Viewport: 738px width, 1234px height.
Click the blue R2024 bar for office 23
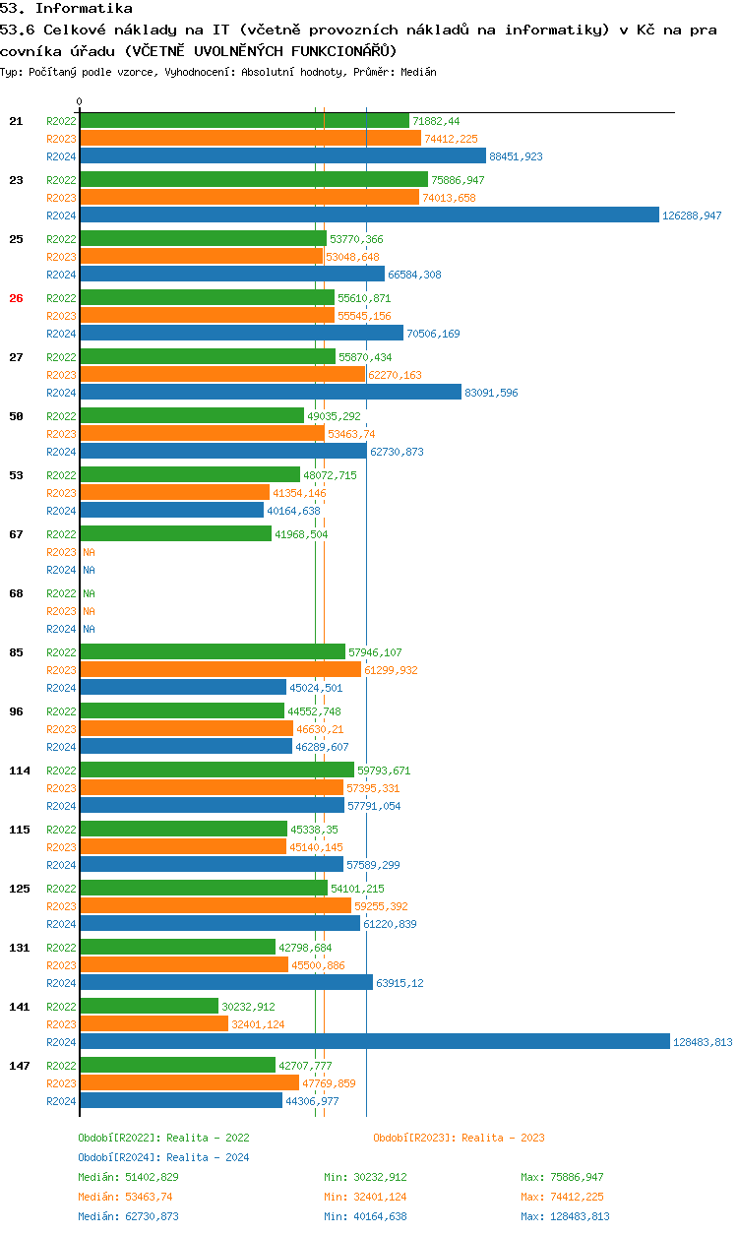[x=370, y=215]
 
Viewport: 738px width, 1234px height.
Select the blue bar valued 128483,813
[x=375, y=1041]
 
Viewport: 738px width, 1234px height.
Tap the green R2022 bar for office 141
[x=150, y=1006]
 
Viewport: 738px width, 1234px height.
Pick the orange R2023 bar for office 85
[x=220, y=669]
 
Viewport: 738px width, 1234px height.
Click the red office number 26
[x=16, y=298]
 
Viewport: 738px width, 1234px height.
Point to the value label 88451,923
[x=516, y=156]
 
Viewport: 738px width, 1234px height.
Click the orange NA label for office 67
[x=89, y=552]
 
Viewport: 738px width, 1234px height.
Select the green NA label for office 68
[x=89, y=593]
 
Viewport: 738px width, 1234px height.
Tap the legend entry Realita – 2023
[x=459, y=1138]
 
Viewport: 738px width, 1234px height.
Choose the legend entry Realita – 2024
[x=163, y=1157]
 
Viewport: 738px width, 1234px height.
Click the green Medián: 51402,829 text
[x=128, y=1177]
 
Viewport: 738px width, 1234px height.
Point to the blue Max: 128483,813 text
[x=565, y=1216]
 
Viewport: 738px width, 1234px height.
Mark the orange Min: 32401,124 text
[x=365, y=1197]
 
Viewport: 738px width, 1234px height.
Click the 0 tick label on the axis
[x=80, y=101]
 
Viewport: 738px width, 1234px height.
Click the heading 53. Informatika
[x=66, y=8]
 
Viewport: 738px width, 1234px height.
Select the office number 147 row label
[x=20, y=1066]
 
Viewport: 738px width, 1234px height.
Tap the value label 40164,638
[x=293, y=511]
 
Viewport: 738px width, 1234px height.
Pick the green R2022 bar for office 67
[x=176, y=533]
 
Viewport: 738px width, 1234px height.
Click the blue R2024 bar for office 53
[x=172, y=510]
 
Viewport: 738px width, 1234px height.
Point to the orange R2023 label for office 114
[x=61, y=788]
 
